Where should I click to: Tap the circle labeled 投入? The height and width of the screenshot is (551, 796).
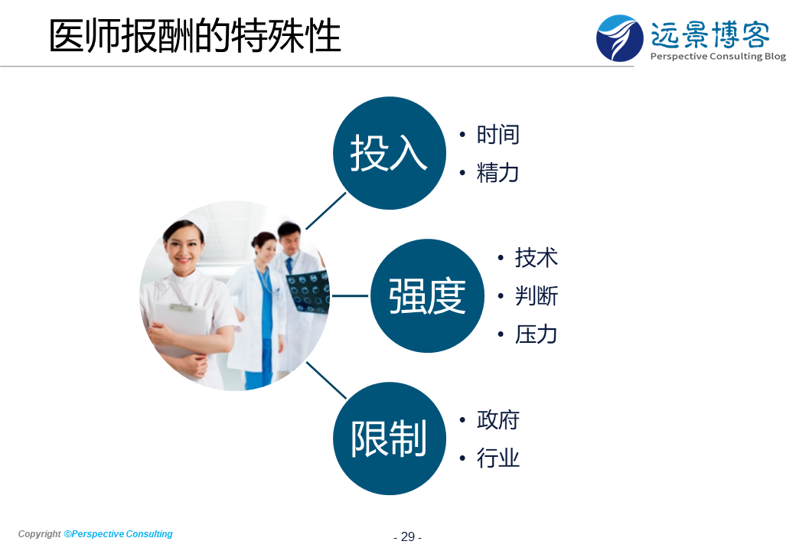click(x=390, y=153)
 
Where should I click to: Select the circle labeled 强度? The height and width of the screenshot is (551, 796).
click(x=427, y=296)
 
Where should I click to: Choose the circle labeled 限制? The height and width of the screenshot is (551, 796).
click(x=390, y=439)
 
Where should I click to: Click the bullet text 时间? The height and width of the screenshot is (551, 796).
click(x=497, y=135)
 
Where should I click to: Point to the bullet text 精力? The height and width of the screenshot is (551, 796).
click(x=497, y=173)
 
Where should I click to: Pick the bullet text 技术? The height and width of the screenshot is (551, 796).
click(x=536, y=258)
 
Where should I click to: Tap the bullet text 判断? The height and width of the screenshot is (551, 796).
click(x=536, y=296)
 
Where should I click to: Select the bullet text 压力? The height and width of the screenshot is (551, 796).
click(x=536, y=334)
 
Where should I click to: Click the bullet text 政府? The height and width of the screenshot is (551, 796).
click(x=497, y=420)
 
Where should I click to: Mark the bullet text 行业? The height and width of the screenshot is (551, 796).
click(x=497, y=458)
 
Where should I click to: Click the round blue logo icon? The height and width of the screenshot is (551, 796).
click(x=619, y=38)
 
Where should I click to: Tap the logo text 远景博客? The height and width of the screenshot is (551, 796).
click(x=710, y=34)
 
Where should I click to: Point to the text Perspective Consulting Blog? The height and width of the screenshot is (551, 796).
click(x=718, y=57)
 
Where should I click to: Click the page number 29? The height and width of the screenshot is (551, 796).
click(x=408, y=536)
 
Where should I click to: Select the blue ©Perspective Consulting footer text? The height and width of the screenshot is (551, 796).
click(x=119, y=533)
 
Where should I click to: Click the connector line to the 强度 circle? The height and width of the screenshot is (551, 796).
click(x=351, y=296)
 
